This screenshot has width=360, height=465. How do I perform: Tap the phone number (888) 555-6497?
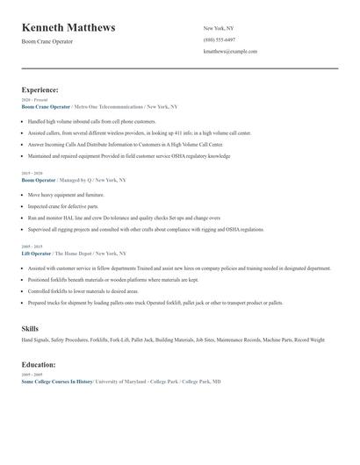coord(219,39)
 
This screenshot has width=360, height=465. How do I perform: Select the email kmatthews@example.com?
coord(230,51)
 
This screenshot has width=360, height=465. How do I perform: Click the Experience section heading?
coord(40,89)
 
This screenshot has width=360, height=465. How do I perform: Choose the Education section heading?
coord(39,364)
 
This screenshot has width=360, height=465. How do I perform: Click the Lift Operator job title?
coord(37,253)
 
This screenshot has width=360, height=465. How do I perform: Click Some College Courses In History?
coord(56,382)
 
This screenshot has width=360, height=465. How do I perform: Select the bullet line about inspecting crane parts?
coord(65,206)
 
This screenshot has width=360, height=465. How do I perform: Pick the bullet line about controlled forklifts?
coord(83,290)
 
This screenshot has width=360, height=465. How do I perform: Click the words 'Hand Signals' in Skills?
coord(37,340)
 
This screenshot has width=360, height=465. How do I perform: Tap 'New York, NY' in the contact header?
coord(219,28)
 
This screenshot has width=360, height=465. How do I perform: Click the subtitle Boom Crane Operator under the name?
coord(47,42)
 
